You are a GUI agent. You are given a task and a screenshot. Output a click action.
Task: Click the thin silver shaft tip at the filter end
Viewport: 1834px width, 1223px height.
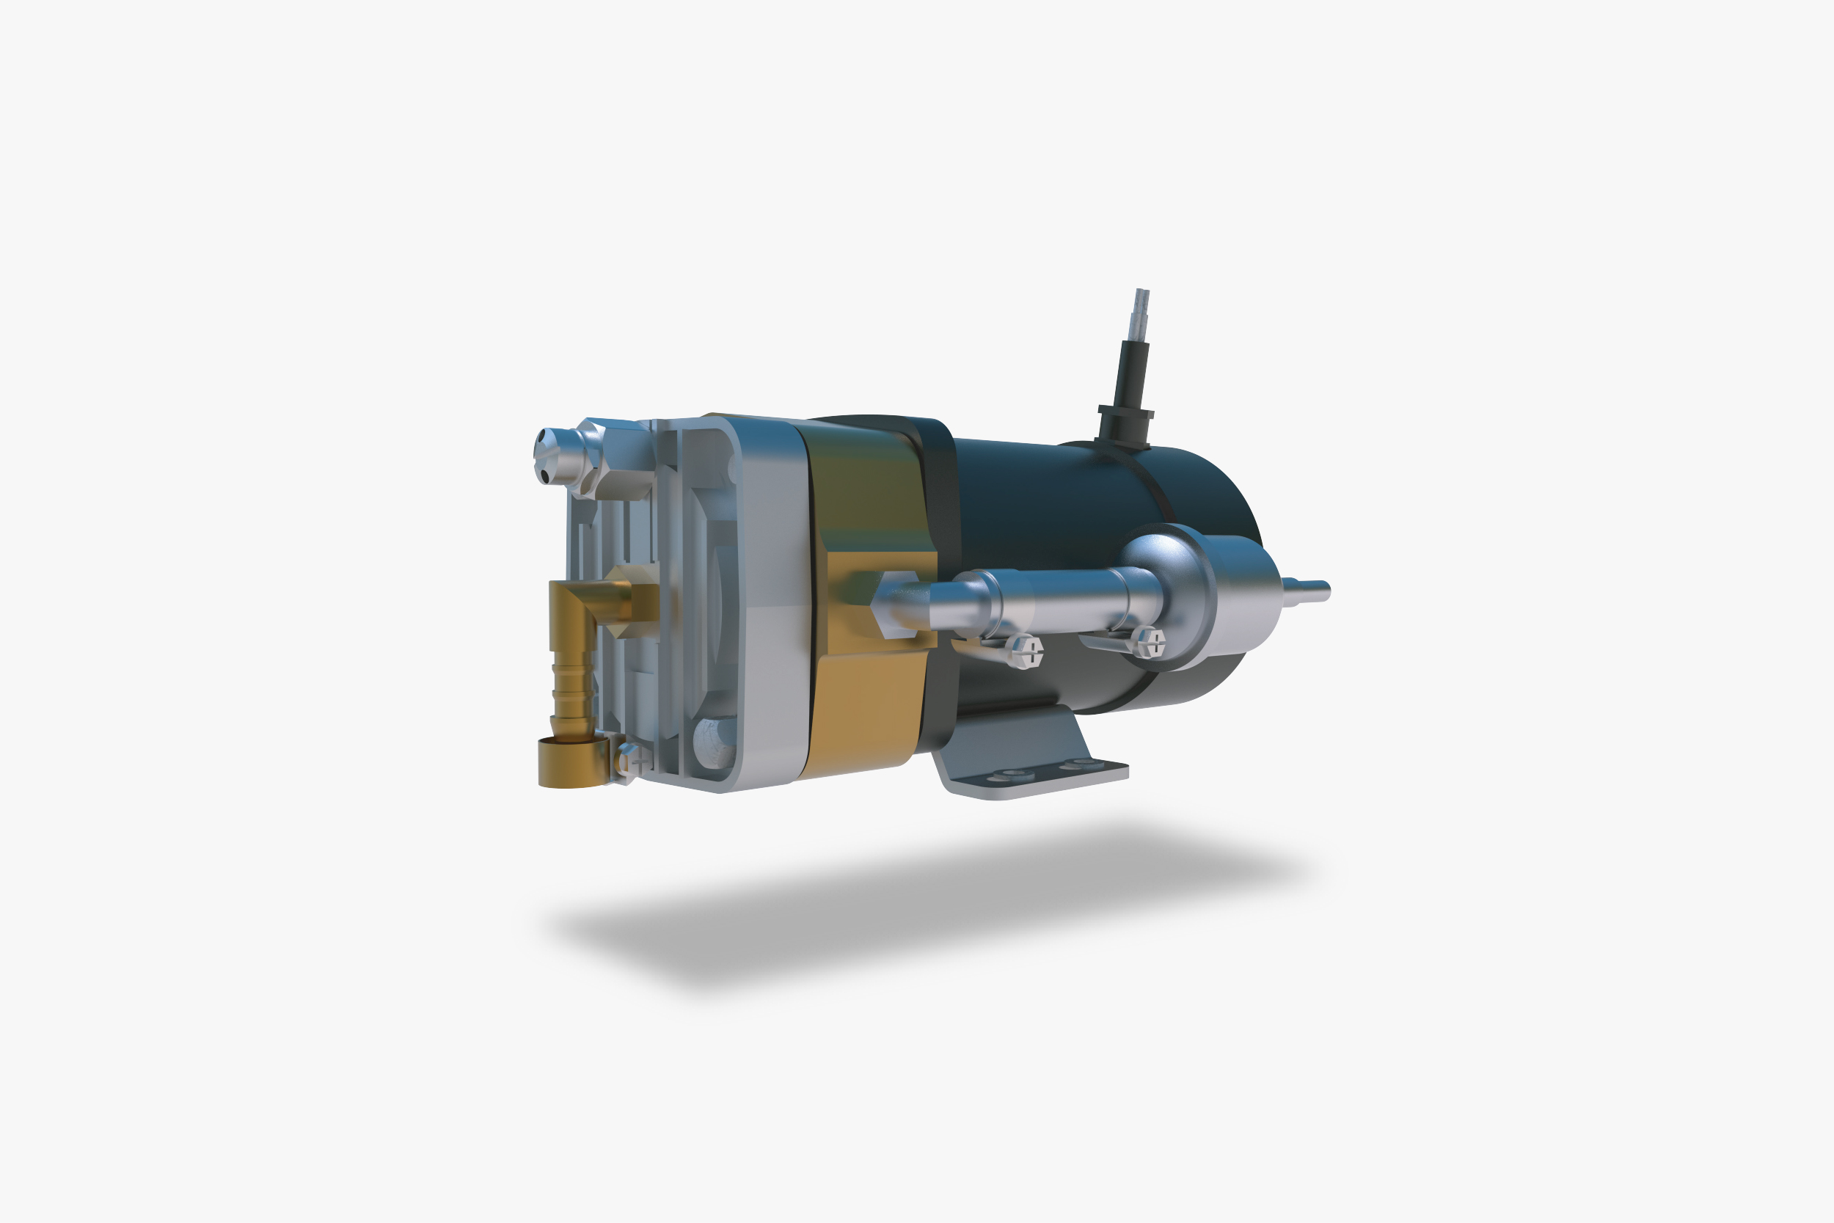pos(1313,591)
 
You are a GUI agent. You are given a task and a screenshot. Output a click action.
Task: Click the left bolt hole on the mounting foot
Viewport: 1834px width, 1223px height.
pos(1014,775)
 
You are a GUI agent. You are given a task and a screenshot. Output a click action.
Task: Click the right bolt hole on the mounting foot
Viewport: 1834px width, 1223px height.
pos(1081,764)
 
